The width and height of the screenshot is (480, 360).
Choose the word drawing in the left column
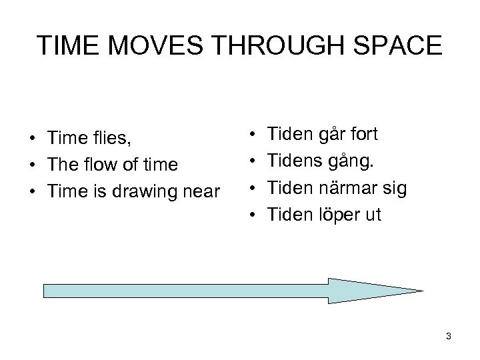(147, 191)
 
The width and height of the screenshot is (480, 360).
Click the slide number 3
(449, 337)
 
